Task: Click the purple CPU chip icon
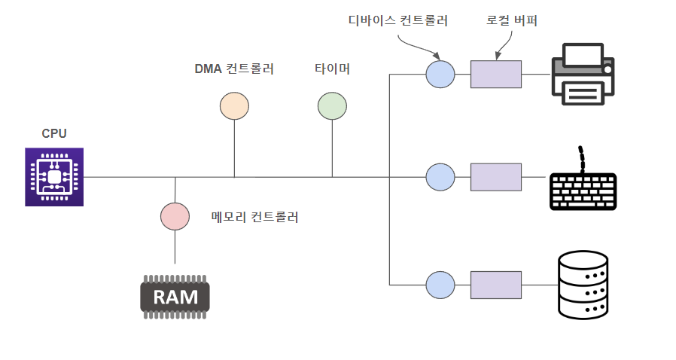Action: point(54,177)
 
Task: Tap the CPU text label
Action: point(54,133)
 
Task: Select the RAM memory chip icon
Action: point(175,297)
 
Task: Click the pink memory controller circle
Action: point(175,216)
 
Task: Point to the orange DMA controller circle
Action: point(235,105)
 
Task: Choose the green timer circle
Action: point(333,105)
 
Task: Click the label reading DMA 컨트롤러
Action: point(234,69)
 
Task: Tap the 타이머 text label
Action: point(333,69)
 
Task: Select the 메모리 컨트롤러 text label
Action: point(254,217)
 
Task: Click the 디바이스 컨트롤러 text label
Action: point(398,20)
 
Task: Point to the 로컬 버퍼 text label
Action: point(512,20)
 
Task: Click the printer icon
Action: point(583,74)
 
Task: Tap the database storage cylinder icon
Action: point(583,285)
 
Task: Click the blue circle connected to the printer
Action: point(440,74)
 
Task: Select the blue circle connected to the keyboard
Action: point(440,177)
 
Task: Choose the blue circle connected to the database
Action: point(440,285)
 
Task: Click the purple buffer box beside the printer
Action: point(496,74)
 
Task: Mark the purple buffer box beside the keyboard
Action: point(496,177)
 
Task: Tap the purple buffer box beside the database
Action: point(496,285)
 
